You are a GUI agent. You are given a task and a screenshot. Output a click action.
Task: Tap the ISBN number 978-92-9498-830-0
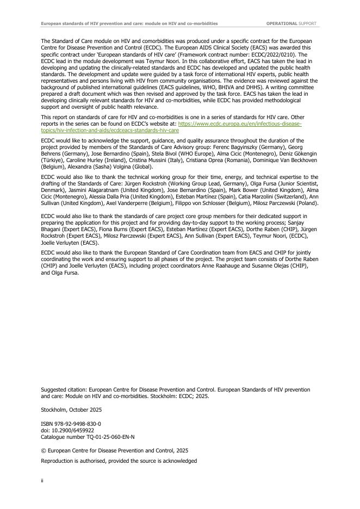(76, 423)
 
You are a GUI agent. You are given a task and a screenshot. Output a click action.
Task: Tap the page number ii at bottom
(43, 481)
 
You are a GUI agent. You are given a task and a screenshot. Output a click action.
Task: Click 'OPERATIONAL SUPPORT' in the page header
(292, 24)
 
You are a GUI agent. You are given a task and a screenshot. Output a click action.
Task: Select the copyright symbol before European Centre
(44, 450)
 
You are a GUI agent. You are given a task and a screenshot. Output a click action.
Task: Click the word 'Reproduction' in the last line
(60, 461)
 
